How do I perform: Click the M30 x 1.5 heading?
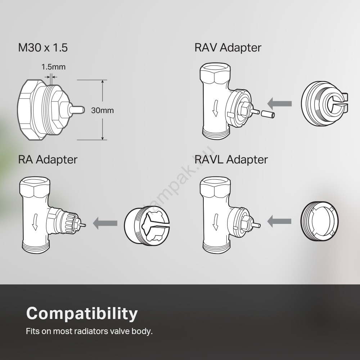[x=43, y=48]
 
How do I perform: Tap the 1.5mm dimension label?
[x=53, y=67]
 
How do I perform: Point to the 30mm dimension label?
[x=102, y=110]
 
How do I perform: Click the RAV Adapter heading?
[x=228, y=48]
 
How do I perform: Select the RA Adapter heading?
[x=48, y=159]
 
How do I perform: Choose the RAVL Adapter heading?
[x=231, y=159]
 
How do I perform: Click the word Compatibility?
[x=82, y=314]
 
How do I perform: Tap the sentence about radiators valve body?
[x=89, y=331]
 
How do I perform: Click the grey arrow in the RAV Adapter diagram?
[x=279, y=104]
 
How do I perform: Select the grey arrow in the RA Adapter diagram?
[x=105, y=223]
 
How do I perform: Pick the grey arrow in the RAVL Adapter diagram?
[x=279, y=221]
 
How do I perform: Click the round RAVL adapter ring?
[x=319, y=221]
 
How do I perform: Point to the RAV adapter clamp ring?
[x=325, y=104]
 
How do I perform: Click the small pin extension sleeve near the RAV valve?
[x=267, y=114]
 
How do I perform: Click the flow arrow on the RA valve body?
[x=35, y=221]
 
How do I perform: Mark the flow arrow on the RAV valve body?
[x=215, y=108]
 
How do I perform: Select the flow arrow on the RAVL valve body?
[x=215, y=222]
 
